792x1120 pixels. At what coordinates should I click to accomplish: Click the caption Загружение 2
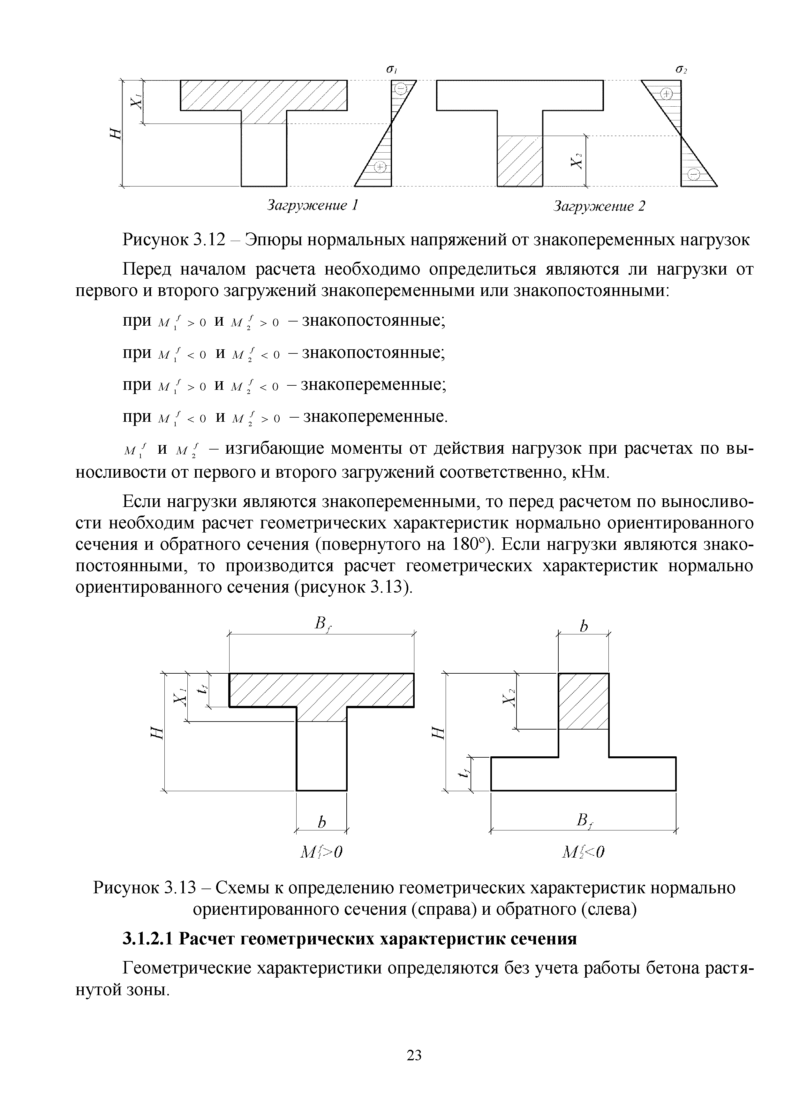pos(599,206)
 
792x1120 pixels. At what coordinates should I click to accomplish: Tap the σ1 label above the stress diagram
pos(390,70)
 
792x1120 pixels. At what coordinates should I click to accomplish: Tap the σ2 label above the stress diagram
pos(681,70)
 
